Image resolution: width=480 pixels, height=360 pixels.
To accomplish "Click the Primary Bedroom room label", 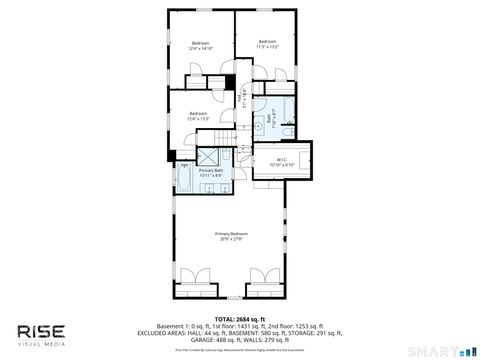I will (231, 233).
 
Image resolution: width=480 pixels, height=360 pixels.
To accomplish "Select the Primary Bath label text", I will (211, 170).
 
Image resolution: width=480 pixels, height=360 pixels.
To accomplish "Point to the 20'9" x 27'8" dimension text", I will (231, 239).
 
